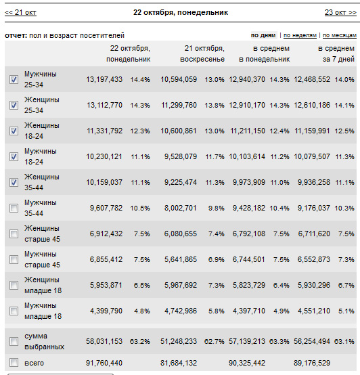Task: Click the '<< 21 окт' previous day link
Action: point(20,12)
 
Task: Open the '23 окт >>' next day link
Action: point(340,12)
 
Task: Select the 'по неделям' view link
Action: point(300,35)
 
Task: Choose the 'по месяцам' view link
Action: point(340,35)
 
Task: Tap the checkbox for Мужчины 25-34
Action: point(14,79)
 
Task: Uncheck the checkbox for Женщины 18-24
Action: point(14,131)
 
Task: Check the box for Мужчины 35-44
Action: point(14,208)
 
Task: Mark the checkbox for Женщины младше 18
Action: point(14,285)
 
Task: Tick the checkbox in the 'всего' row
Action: point(14,363)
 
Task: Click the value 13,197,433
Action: point(104,79)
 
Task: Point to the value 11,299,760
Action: point(179,105)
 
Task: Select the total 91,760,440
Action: point(104,363)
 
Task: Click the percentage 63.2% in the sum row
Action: point(140,341)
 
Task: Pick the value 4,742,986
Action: point(181,311)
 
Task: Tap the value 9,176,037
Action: point(314,208)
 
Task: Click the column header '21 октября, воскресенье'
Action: point(202,53)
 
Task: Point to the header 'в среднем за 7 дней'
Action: point(336,53)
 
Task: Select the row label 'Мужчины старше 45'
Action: point(42,259)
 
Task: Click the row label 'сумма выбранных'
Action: point(44,341)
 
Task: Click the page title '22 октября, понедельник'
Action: point(181,12)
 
